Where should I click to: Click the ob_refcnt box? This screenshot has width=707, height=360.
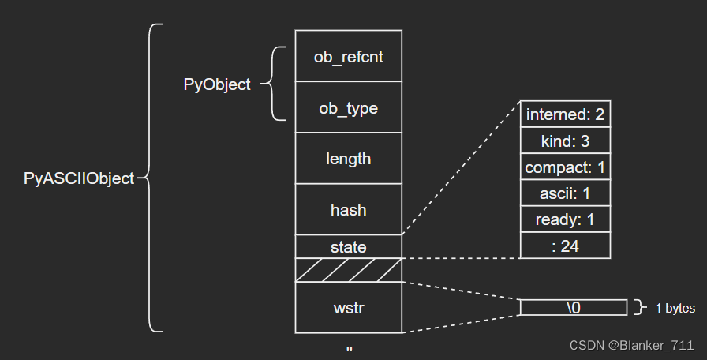pyautogui.click(x=348, y=56)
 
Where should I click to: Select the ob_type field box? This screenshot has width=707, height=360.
pyautogui.click(x=348, y=107)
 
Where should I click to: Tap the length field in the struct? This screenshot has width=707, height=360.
pyautogui.click(x=348, y=159)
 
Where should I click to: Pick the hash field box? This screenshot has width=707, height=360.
pyautogui.click(x=348, y=209)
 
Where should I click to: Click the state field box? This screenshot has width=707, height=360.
pyautogui.click(x=348, y=247)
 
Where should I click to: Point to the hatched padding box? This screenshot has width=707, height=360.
pyautogui.click(x=348, y=270)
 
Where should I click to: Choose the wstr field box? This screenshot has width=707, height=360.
pyautogui.click(x=348, y=308)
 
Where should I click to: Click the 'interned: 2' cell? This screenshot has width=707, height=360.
pyautogui.click(x=565, y=114)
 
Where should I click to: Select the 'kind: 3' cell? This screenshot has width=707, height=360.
pyautogui.click(x=565, y=141)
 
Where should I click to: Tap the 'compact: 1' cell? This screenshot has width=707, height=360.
pyautogui.click(x=565, y=167)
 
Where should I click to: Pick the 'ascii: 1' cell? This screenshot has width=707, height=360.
pyautogui.click(x=565, y=193)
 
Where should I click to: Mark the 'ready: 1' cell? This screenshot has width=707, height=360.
pyautogui.click(x=565, y=219)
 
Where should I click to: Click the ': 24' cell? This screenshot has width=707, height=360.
pyautogui.click(x=565, y=246)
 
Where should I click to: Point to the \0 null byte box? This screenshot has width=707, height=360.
pyautogui.click(x=574, y=307)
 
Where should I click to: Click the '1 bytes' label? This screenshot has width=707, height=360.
pyautogui.click(x=675, y=308)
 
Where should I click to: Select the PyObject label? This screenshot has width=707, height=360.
pyautogui.click(x=217, y=84)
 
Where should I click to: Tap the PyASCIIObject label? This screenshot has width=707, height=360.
pyautogui.click(x=79, y=178)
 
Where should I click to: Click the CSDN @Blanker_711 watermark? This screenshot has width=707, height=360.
pyautogui.click(x=632, y=346)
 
